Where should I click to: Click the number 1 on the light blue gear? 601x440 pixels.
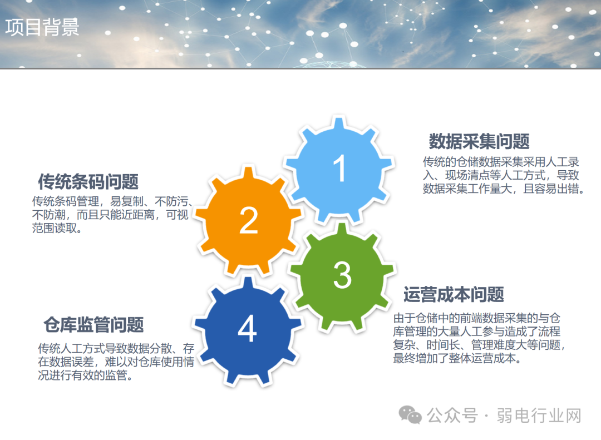pos(339,168)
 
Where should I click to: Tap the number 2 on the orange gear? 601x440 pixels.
pos(248,220)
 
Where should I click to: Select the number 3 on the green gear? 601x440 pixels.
pos(342,274)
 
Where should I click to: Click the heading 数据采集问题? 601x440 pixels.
pos(479,142)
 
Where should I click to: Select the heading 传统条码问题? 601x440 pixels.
pos(88,181)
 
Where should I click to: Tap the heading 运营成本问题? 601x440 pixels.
pos(454,294)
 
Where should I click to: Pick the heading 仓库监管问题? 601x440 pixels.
pos(93,324)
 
